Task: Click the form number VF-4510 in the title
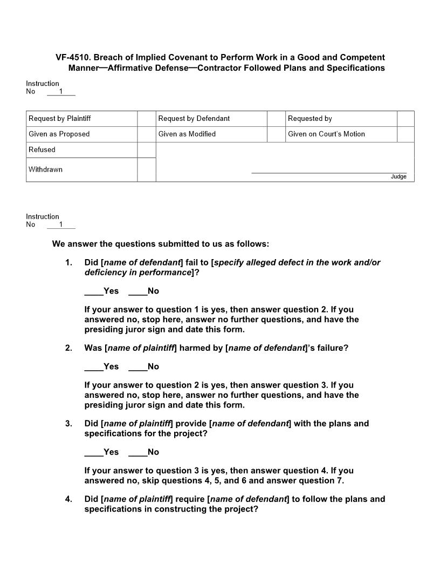[73, 57]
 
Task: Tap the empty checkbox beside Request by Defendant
[276, 119]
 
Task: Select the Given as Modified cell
[187, 134]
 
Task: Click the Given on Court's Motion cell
[326, 134]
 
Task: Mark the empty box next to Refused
[146, 150]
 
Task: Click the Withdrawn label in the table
[45, 169]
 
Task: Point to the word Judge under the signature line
[398, 177]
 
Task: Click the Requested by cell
[310, 119]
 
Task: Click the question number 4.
[68, 499]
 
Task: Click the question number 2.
[68, 348]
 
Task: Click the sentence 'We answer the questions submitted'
[160, 244]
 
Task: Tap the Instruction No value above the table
[61, 92]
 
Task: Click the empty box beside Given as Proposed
[146, 134]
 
